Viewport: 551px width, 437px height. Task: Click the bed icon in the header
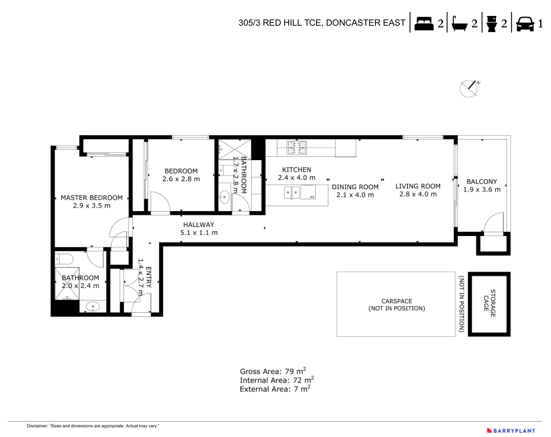423,23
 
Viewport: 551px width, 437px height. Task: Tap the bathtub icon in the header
459,24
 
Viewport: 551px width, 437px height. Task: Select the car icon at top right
524,24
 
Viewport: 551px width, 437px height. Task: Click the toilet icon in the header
491,24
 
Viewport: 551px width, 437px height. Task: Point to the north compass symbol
469,88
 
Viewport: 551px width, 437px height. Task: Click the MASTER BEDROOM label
91,198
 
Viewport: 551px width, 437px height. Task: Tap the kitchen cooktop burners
296,147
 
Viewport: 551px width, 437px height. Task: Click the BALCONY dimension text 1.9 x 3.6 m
482,190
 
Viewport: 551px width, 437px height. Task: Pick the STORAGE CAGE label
490,303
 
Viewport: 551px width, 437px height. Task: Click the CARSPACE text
397,301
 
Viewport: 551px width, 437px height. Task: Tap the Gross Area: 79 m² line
273,371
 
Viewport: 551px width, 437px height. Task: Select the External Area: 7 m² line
274,389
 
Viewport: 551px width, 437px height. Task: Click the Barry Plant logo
511,431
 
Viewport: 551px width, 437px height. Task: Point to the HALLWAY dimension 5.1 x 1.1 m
199,233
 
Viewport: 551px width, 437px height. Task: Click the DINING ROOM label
355,187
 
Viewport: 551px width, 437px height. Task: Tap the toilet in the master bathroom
65,258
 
